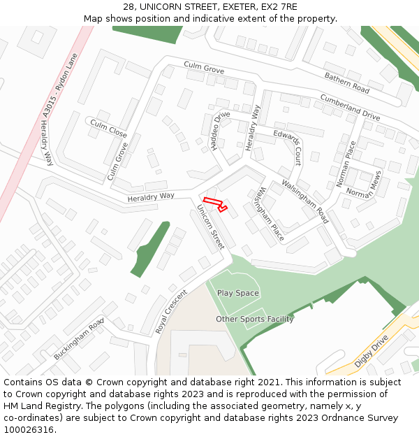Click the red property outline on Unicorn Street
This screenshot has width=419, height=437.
[x=215, y=204]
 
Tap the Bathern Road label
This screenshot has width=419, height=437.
[x=346, y=83]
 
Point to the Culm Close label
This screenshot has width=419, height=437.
[x=108, y=127]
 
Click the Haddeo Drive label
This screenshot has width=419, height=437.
[x=220, y=131]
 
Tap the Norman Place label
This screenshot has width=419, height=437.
[x=346, y=164]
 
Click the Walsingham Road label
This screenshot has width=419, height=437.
[x=304, y=201]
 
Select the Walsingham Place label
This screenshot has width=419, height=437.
[x=269, y=213]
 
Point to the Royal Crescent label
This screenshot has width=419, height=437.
[x=171, y=311]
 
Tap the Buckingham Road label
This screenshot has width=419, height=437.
[x=79, y=338]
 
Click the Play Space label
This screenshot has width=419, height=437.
[x=237, y=293]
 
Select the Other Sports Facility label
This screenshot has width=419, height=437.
[x=254, y=319]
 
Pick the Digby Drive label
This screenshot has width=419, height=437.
[x=371, y=351]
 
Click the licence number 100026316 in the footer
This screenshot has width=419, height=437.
[x=29, y=430]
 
